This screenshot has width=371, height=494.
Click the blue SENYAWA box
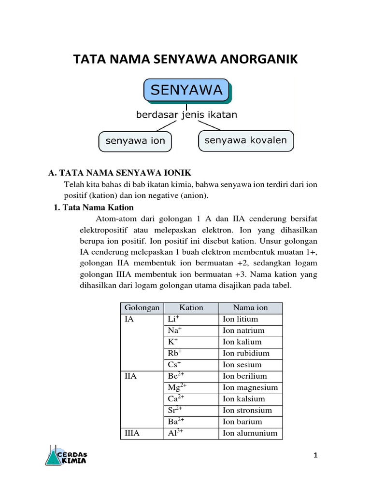tap(186, 90)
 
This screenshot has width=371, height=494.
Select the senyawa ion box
tap(135, 141)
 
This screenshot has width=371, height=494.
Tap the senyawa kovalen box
tap(245, 140)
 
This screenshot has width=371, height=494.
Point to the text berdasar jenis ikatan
tap(186, 115)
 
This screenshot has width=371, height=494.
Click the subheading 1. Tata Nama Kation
tap(93, 208)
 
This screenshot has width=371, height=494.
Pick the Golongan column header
tap(142, 308)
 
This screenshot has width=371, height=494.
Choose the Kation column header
tap(191, 308)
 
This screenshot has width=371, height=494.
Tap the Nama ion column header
tap(250, 308)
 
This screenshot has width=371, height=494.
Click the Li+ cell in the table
tap(173, 319)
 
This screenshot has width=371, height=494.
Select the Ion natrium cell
tap(243, 330)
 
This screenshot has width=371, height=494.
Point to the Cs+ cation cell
tap(174, 365)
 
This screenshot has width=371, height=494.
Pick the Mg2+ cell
tap(177, 387)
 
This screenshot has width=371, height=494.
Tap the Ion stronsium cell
tap(247, 410)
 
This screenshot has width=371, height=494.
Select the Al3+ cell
tap(175, 433)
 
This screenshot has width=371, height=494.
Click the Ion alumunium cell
tap(250, 433)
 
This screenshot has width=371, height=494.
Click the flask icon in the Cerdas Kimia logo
tap(54, 456)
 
